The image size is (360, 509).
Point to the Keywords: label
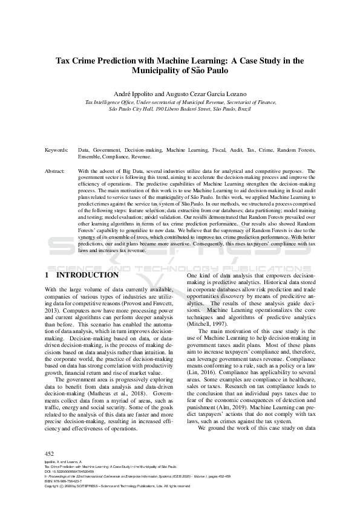(x=56, y=149)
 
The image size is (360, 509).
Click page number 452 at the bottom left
(x=50, y=453)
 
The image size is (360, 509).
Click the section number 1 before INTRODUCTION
(x=47, y=274)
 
